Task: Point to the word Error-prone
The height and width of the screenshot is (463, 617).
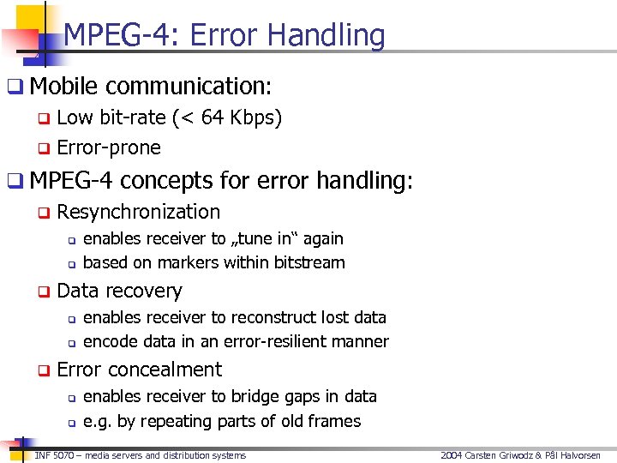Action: tap(109, 147)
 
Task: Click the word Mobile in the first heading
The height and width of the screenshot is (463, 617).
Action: tap(64, 87)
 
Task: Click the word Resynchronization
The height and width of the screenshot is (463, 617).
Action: tap(139, 212)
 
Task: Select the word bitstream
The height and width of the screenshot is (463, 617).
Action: tap(308, 262)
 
